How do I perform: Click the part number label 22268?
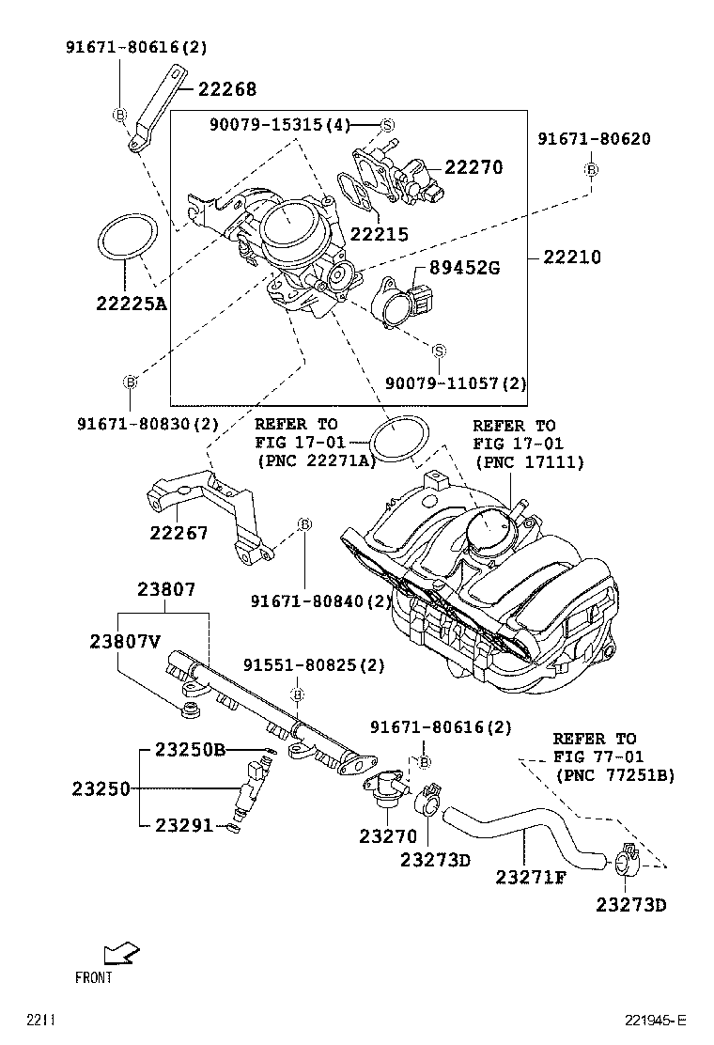click(x=225, y=89)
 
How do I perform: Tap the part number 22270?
click(x=473, y=167)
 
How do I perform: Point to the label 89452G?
click(x=464, y=268)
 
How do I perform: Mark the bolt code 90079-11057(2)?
click(x=457, y=383)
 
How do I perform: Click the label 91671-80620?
click(x=594, y=139)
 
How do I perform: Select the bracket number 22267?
click(x=178, y=534)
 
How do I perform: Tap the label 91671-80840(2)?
click(x=321, y=600)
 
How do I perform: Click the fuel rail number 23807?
click(x=166, y=590)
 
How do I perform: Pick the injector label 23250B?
click(x=191, y=749)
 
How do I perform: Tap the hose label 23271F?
click(x=532, y=877)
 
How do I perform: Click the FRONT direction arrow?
click(x=119, y=955)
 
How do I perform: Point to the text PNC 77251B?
click(x=615, y=775)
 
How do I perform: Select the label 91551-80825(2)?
click(x=315, y=665)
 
